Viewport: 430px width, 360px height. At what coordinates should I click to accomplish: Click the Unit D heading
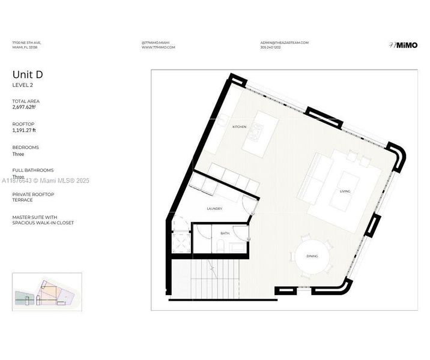(28, 74)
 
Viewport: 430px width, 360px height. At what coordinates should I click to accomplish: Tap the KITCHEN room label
(240, 127)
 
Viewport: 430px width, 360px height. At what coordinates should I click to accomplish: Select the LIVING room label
(345, 191)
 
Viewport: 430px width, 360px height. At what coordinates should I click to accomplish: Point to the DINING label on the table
(312, 256)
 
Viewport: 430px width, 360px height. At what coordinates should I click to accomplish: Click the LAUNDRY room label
(214, 209)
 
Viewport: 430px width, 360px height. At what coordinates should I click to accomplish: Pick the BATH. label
(225, 233)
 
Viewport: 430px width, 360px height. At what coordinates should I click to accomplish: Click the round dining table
(312, 257)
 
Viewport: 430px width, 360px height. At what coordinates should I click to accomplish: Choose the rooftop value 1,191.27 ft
(25, 130)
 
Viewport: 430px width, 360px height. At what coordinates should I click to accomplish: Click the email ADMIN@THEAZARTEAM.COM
(284, 43)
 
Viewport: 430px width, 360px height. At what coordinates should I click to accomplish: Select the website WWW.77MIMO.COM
(159, 47)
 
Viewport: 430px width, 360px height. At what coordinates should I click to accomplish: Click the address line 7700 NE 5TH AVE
(26, 43)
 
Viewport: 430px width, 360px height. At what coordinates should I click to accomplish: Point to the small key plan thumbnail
(46, 292)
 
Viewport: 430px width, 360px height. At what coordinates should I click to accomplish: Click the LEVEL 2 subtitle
(23, 85)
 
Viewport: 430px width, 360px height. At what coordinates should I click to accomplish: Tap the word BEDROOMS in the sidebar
(26, 147)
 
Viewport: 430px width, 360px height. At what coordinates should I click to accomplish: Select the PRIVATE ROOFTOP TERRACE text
(33, 197)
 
